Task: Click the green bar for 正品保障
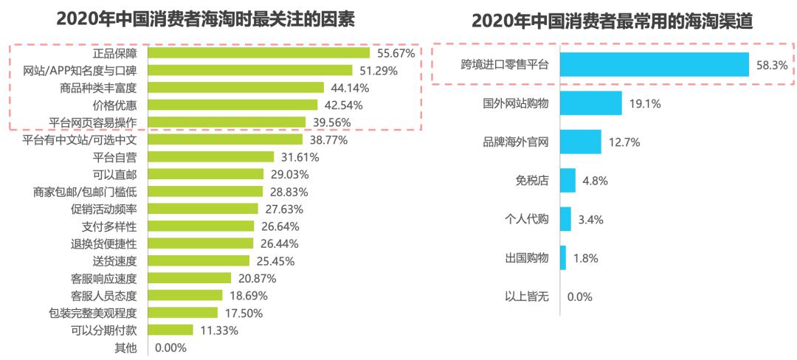(x=258, y=53)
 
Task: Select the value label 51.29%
(x=378, y=71)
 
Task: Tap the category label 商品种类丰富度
(x=103, y=88)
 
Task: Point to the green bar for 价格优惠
(x=232, y=105)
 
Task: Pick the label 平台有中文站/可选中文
(x=84, y=139)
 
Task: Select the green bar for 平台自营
(x=211, y=156)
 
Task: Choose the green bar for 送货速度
(x=199, y=260)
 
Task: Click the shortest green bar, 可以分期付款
(x=170, y=330)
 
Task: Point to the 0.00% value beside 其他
(x=170, y=347)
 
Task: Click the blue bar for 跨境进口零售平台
(x=655, y=65)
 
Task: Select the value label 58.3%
(x=772, y=66)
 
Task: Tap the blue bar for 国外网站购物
(x=591, y=103)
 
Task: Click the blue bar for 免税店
(x=567, y=180)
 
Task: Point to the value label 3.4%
(x=591, y=219)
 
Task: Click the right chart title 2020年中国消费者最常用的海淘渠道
(x=612, y=21)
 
